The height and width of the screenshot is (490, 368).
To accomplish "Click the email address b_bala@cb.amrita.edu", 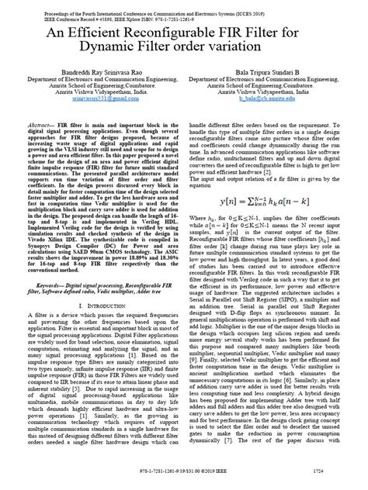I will click(272, 100).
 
